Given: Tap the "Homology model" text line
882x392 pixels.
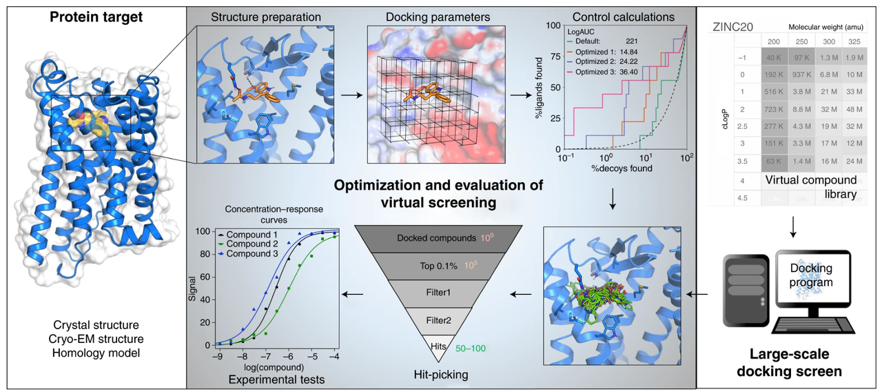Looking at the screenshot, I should tap(97, 353).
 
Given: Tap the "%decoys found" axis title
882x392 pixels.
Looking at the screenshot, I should tap(625, 168).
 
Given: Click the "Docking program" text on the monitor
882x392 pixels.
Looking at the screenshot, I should tap(811, 275).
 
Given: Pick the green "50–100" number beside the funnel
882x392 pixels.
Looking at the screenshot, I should tap(471, 349).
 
